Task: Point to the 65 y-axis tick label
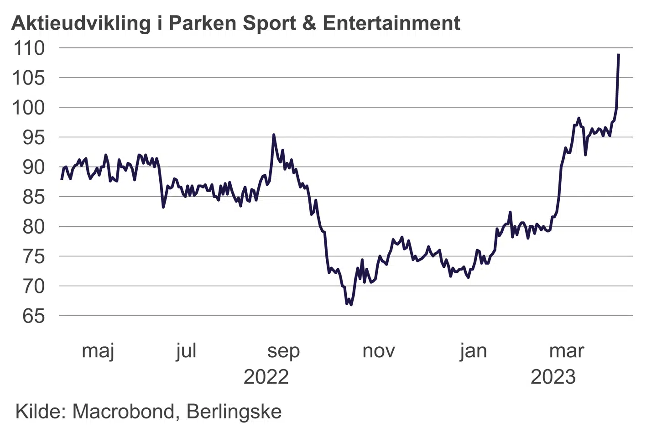(34, 316)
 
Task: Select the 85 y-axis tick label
(34, 197)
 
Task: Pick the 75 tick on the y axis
(34, 256)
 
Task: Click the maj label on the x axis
(98, 351)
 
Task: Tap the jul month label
(186, 351)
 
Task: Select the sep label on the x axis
(283, 351)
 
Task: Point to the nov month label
(378, 351)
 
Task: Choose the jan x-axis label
(473, 351)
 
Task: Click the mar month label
(566, 351)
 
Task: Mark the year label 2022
(266, 377)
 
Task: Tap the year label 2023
(553, 377)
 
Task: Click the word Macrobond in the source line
(124, 412)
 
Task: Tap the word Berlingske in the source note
(234, 412)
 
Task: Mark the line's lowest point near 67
(350, 304)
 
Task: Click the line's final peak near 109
(618, 54)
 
